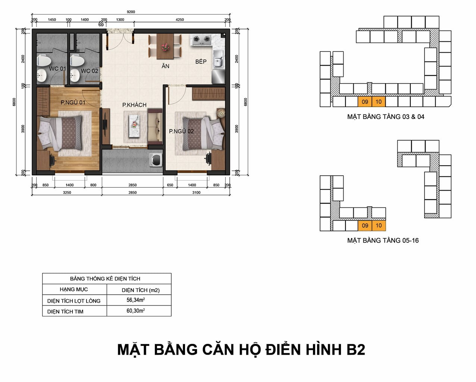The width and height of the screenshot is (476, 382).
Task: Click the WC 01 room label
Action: coord(57,69)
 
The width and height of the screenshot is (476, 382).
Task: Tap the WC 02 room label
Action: coord(90,71)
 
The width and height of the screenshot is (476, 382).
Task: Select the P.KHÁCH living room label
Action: coord(134,105)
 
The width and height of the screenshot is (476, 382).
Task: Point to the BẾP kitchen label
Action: coord(201,62)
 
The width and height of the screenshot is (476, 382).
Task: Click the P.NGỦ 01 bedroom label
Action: coord(73,103)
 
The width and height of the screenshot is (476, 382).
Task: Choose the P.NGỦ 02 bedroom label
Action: coord(181,131)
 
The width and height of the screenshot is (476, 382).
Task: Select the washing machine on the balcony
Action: coord(156,160)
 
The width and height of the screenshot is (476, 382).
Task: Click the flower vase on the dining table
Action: coord(165,47)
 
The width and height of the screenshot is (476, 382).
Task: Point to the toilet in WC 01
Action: coord(44,60)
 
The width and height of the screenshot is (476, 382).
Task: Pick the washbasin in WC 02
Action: coord(75,75)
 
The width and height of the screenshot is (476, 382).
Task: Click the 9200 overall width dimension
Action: coord(131,12)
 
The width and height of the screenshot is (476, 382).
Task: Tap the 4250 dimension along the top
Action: coord(179,20)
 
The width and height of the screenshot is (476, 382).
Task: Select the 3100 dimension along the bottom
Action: coord(196,192)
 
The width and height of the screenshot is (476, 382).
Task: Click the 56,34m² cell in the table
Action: coord(135,300)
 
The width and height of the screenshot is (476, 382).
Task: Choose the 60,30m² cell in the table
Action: coord(135,311)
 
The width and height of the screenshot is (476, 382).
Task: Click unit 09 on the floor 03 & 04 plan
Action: coord(365,102)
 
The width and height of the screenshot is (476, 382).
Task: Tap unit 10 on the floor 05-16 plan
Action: coord(379,226)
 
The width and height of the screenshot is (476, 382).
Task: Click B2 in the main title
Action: coord(356,350)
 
